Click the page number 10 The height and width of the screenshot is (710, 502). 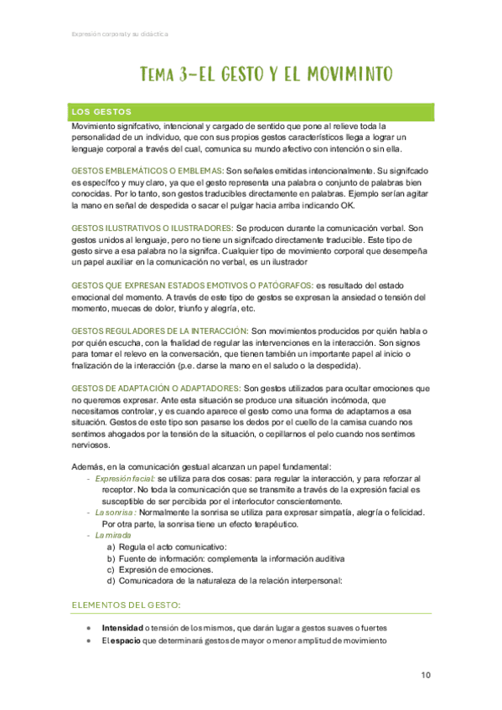coord(426,675)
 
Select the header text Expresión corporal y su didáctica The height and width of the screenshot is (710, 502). coord(117,34)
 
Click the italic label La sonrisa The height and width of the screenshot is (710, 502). coord(116,512)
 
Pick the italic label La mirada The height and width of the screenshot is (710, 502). coord(113,535)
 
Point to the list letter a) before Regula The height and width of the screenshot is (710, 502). coord(111,547)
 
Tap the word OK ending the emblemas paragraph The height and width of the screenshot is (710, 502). coord(349,204)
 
